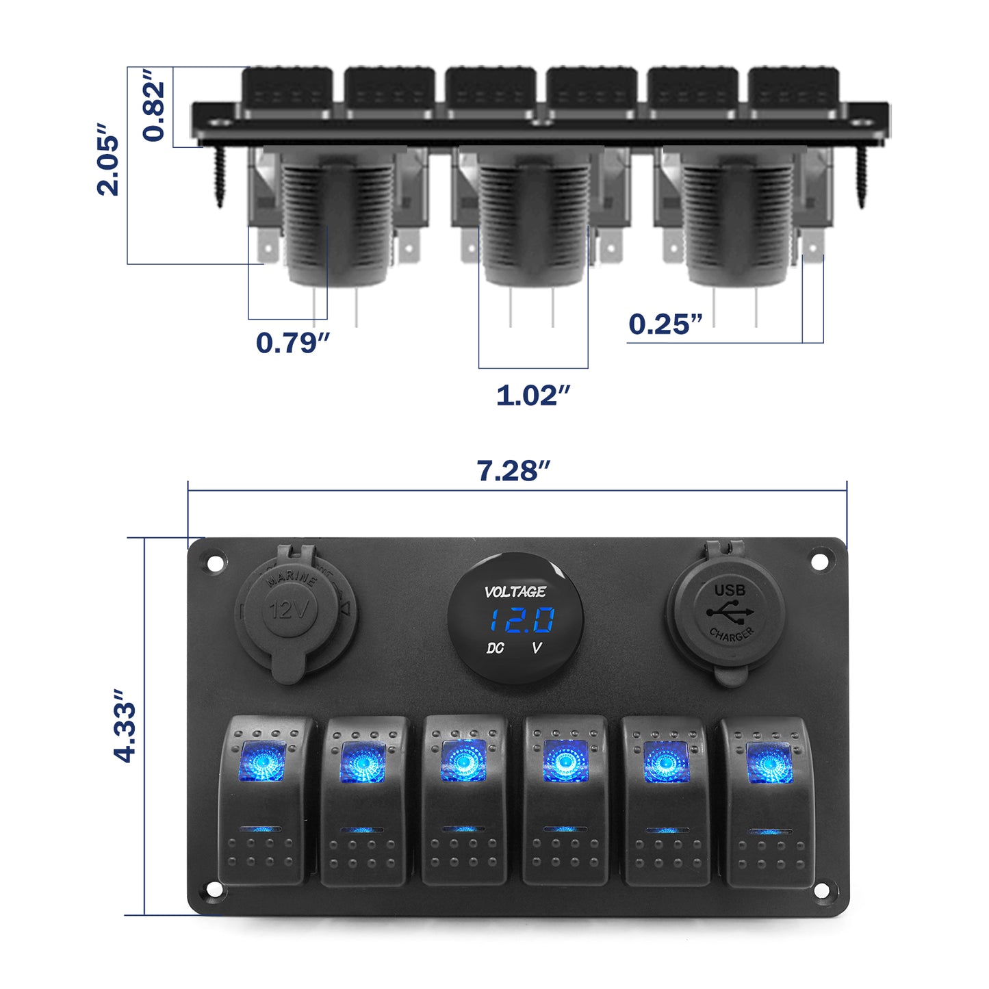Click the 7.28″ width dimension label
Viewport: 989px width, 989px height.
513,471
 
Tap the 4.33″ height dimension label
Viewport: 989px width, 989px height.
126,725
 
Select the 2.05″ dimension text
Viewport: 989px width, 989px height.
108,160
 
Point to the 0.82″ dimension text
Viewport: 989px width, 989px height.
155,105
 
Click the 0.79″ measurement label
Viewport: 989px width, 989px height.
293,342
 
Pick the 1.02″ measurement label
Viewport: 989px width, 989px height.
533,395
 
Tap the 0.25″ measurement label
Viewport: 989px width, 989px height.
665,324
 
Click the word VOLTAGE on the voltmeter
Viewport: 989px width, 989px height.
515,591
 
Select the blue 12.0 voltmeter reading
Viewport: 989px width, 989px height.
520,621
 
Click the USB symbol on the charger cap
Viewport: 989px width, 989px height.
730,611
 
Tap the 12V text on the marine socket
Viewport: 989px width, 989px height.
290,608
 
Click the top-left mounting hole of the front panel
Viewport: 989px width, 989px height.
215,563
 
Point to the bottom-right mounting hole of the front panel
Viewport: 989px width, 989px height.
821,890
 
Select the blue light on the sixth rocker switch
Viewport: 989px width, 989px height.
769,763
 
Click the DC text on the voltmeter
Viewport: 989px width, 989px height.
495,647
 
